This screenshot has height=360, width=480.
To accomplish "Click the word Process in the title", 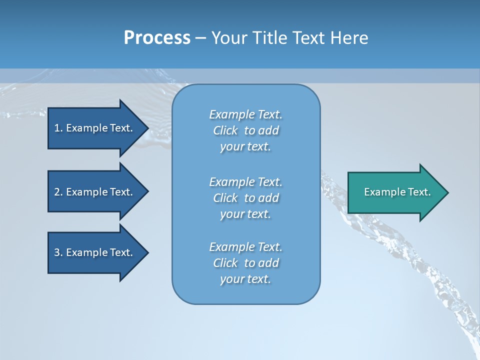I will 157,38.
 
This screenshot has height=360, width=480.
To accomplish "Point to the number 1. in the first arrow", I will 58,128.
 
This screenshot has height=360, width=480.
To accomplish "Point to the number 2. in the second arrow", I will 58,192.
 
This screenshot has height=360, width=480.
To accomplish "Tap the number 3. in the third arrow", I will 58,252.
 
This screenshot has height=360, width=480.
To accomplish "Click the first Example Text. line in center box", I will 245,114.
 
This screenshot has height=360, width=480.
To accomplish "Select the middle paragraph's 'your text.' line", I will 245,214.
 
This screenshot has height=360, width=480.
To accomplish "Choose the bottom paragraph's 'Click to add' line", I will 245,263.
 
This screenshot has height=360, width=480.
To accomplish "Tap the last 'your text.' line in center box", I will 245,279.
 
